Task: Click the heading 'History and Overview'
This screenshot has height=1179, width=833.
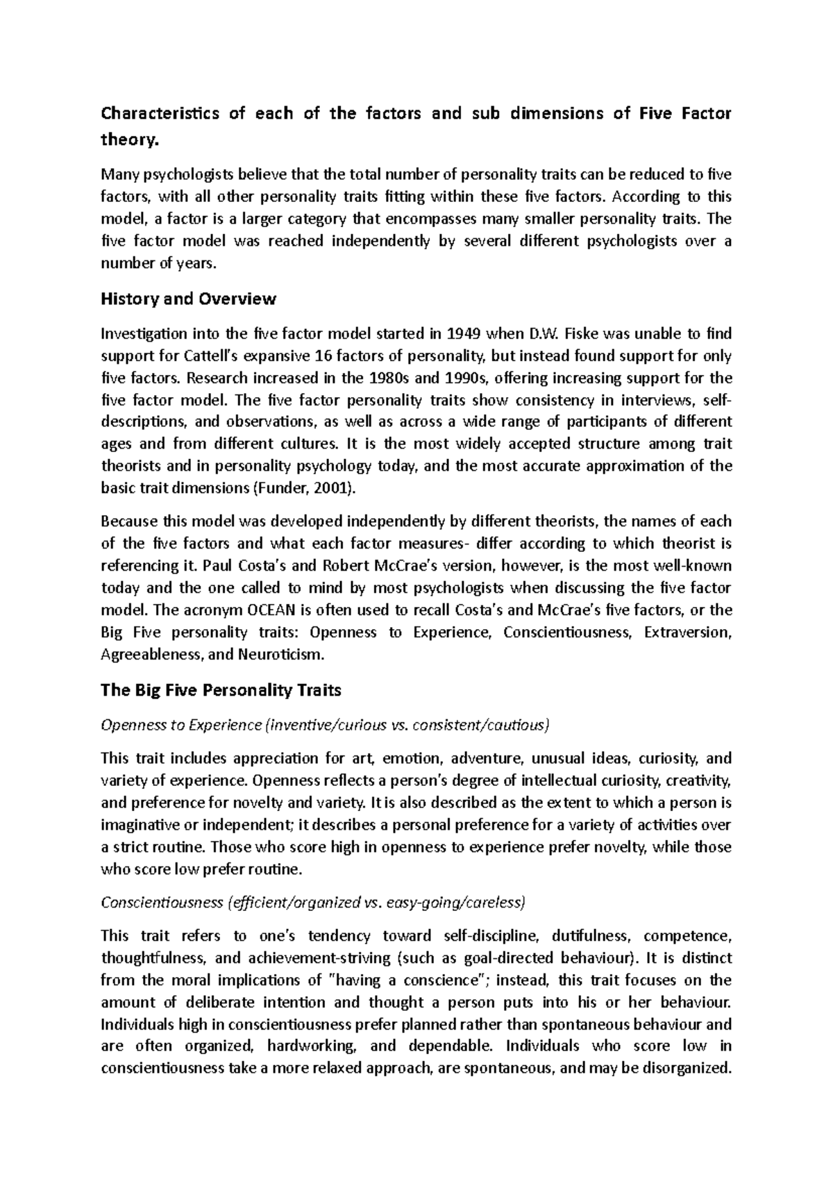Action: [x=188, y=299]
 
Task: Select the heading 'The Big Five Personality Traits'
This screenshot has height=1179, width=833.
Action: [x=221, y=690]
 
